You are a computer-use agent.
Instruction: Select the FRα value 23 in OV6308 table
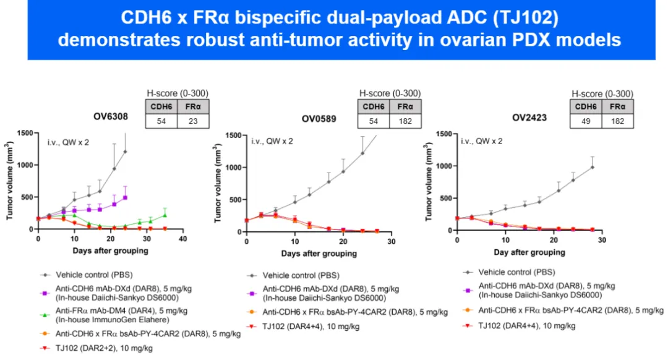[x=194, y=122]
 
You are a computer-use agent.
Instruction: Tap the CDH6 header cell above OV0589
[x=374, y=107]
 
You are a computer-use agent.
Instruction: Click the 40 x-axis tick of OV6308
[x=182, y=238]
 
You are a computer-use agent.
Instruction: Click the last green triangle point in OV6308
[x=165, y=215]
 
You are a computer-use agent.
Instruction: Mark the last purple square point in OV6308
[x=125, y=198]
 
